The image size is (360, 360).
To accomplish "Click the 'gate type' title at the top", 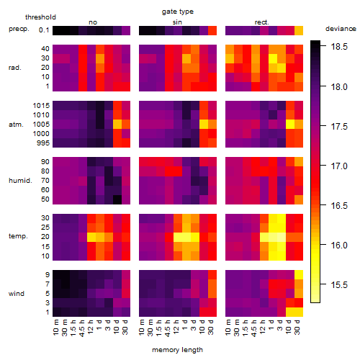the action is (x=178, y=12).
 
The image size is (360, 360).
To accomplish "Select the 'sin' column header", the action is (x=177, y=22).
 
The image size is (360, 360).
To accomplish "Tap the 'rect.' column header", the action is (x=261, y=22).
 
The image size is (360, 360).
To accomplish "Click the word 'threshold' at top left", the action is (x=40, y=17).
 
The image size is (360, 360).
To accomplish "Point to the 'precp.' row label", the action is (x=19, y=29).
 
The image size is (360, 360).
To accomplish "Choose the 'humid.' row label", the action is (x=20, y=180).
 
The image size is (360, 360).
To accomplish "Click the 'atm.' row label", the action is (x=16, y=125).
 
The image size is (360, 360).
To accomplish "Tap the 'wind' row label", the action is (x=17, y=293).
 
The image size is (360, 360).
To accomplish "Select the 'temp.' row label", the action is (x=18, y=236).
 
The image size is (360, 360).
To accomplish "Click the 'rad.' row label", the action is (x=15, y=68).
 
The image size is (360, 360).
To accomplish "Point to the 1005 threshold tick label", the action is (x=41, y=125).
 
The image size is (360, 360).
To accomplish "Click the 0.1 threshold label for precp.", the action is (x=44, y=30).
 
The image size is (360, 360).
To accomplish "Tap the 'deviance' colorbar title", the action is (x=341, y=29).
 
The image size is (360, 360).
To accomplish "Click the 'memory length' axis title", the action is (x=178, y=350).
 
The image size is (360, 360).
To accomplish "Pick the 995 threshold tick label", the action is (x=43, y=143).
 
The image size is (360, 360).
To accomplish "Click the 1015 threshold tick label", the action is (x=41, y=106).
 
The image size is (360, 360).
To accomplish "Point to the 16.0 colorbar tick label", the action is (x=339, y=245).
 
